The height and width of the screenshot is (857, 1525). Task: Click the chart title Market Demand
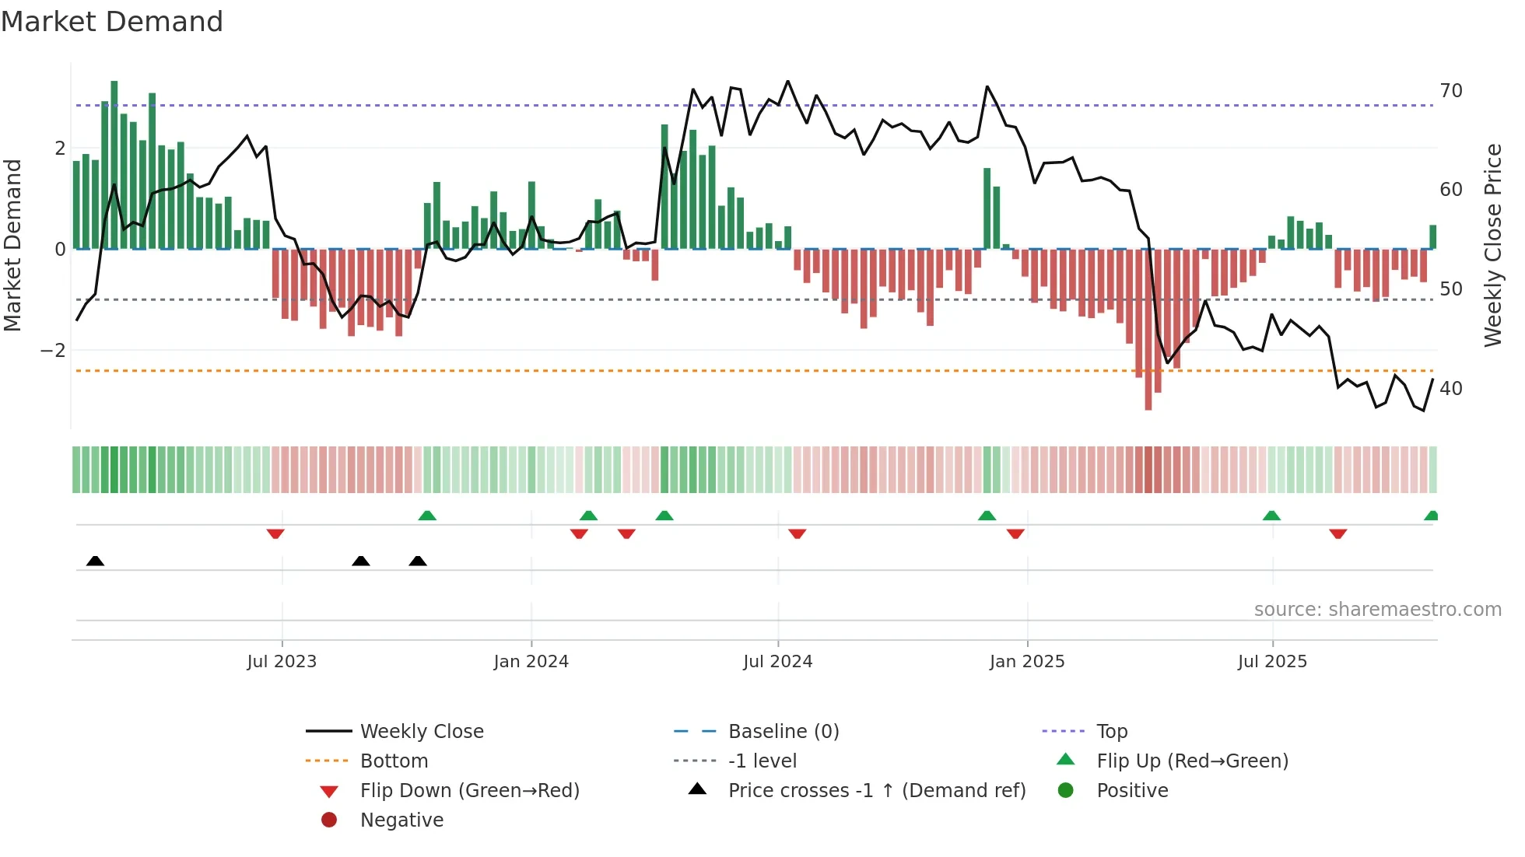point(112,22)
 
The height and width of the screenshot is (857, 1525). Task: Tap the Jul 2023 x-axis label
point(282,662)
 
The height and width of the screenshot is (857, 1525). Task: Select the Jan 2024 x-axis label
point(531,662)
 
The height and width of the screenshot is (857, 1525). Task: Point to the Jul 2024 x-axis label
point(777,662)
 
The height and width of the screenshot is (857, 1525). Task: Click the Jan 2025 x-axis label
point(1027,662)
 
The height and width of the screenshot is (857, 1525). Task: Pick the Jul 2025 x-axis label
point(1272,662)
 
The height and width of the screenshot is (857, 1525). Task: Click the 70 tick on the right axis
point(1451,91)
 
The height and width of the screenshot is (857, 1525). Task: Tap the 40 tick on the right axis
point(1451,388)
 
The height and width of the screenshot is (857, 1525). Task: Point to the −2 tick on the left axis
point(53,351)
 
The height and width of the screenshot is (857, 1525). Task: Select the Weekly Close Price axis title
point(1492,245)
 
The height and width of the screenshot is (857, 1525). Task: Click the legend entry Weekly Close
point(421,732)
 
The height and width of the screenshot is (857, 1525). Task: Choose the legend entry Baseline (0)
point(783,732)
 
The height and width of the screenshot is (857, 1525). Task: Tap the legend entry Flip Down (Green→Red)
point(469,791)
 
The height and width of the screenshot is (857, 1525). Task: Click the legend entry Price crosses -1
point(876,791)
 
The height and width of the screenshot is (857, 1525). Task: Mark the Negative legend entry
point(401,820)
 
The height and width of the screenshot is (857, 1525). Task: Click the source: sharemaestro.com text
point(1377,610)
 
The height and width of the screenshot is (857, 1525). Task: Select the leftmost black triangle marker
point(95,561)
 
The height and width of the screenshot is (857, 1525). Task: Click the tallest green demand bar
point(114,163)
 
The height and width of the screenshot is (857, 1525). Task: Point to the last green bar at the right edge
point(1432,236)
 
